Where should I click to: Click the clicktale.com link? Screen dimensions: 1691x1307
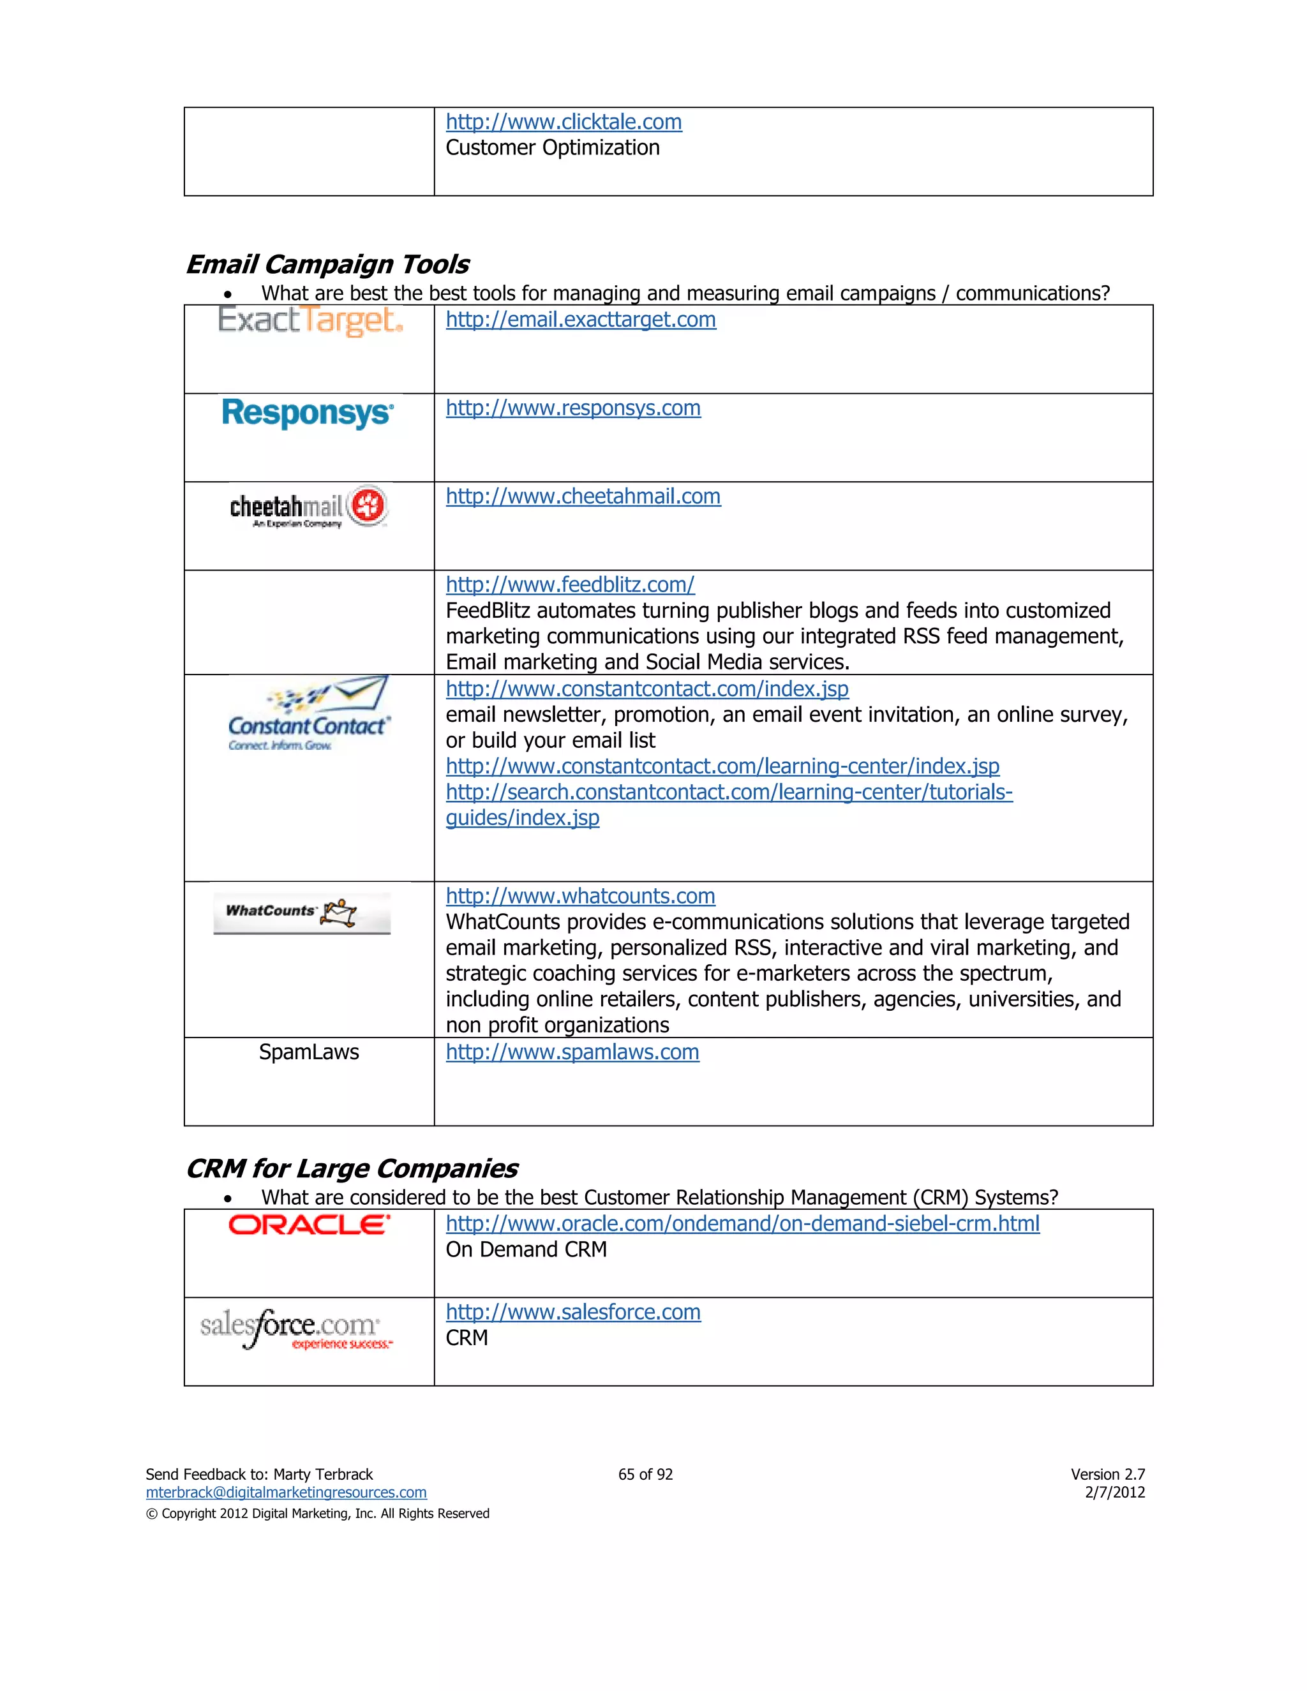point(563,123)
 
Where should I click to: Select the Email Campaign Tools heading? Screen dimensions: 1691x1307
point(327,264)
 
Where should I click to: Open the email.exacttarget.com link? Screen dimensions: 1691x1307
point(580,320)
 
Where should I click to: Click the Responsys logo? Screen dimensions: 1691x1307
point(308,413)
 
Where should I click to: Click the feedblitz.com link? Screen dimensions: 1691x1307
point(570,585)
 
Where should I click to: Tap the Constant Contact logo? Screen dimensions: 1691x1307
point(309,715)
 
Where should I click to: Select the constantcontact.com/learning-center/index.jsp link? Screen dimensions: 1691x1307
point(722,766)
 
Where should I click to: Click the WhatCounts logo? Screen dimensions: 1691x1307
point(302,913)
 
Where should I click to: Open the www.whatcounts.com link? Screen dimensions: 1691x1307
point(580,896)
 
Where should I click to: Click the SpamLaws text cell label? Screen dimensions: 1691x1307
point(308,1052)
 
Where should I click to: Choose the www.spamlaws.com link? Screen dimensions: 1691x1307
point(572,1052)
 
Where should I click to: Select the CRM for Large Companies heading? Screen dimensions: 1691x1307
point(352,1168)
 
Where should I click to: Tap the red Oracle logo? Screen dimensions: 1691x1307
point(309,1225)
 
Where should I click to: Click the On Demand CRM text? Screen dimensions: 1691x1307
point(526,1249)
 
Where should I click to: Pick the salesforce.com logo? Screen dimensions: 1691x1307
point(297,1327)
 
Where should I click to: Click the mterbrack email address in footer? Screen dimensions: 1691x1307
point(286,1492)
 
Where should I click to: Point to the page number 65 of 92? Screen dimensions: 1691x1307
point(645,1474)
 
